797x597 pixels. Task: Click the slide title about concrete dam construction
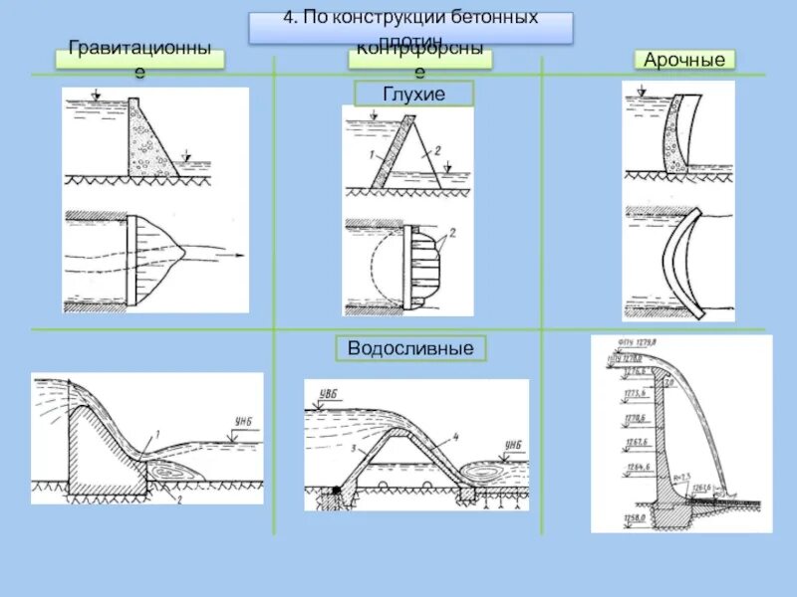click(410, 27)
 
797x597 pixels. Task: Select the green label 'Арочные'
click(684, 61)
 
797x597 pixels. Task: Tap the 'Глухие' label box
click(413, 95)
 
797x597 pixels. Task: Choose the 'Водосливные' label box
click(410, 348)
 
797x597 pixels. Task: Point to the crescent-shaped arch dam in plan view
click(674, 257)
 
